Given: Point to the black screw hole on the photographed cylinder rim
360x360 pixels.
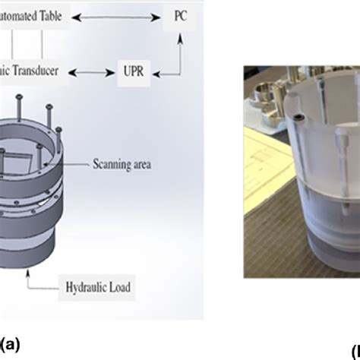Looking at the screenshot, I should pos(299,118).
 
